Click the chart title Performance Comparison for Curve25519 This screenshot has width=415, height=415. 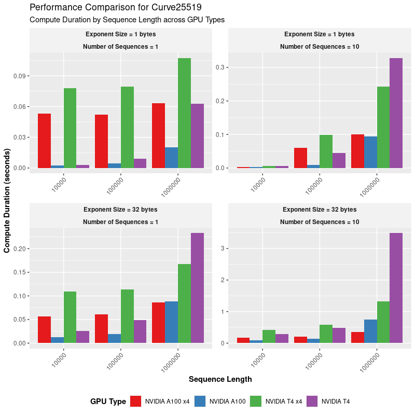coord(116,7)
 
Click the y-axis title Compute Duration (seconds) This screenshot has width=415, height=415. coord(7,201)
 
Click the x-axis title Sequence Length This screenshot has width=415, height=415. coord(220,379)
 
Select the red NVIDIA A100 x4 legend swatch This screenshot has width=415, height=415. coord(136,401)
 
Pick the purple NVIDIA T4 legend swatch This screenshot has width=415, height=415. coord(312,401)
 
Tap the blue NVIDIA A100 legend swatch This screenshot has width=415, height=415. coord(200,401)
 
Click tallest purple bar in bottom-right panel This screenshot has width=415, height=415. coord(396,288)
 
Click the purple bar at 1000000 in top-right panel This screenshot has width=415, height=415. coord(396,113)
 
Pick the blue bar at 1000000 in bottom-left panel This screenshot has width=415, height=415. coord(171,322)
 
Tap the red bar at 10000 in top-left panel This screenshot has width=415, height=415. coord(44,141)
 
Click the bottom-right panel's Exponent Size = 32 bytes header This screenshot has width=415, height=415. coord(320,210)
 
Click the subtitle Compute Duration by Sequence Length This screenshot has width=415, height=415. coord(127,20)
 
